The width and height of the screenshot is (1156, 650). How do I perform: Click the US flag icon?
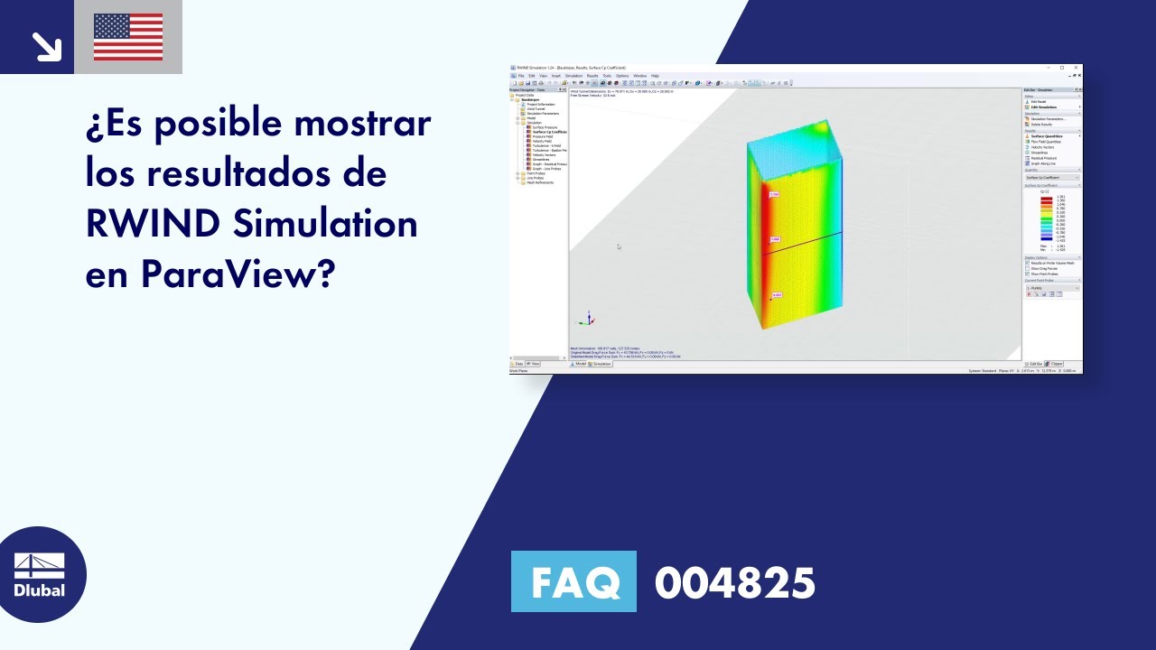click(128, 37)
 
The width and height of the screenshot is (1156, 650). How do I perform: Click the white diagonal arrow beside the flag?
click(45, 45)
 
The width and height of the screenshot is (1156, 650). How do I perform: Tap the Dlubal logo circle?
click(40, 574)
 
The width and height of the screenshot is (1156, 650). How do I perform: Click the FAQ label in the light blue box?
click(573, 582)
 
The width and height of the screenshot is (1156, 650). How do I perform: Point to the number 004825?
click(734, 583)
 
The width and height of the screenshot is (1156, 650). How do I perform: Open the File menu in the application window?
click(520, 76)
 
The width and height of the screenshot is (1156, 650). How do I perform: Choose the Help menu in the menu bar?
click(655, 76)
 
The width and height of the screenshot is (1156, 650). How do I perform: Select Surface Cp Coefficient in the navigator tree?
click(549, 132)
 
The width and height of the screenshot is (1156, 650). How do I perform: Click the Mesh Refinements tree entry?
click(540, 182)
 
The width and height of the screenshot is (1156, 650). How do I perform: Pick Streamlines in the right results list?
click(1039, 153)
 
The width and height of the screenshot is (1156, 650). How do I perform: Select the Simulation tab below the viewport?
click(601, 364)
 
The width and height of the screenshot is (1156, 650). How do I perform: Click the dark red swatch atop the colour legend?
click(1046, 197)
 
